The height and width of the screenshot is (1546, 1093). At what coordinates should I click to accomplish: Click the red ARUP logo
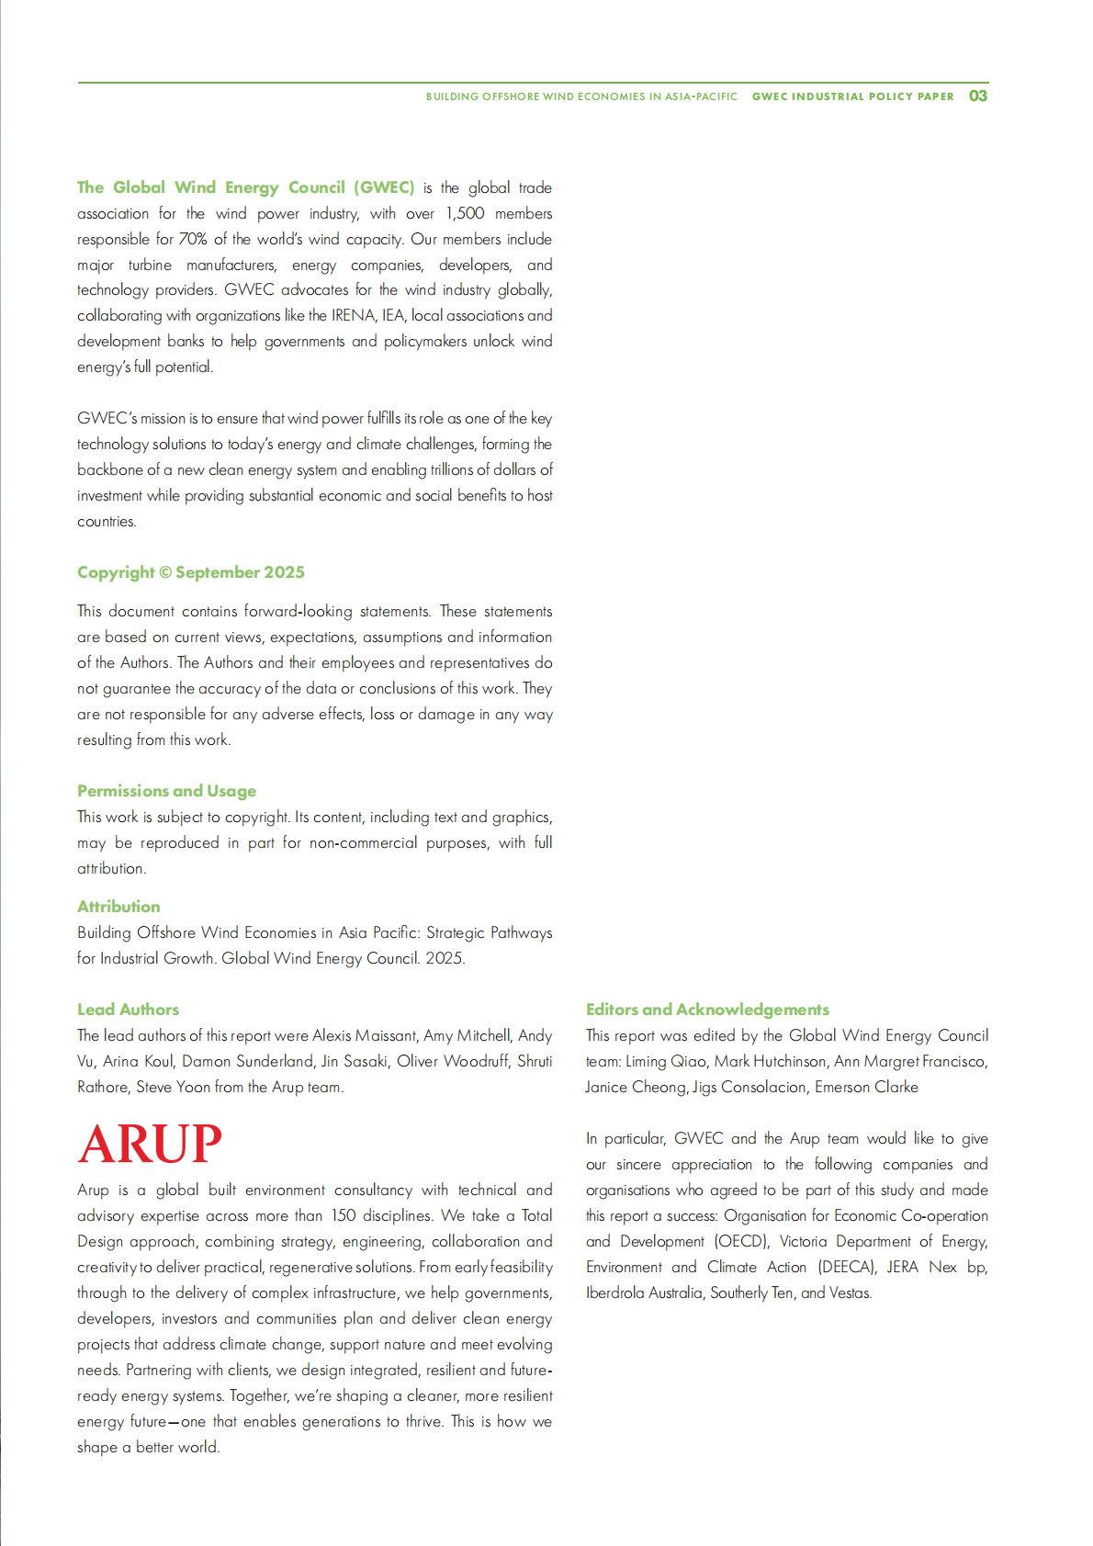[150, 1144]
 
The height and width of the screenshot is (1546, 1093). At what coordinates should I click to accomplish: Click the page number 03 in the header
[978, 96]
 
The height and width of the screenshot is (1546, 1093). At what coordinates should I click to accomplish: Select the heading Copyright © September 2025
[190, 572]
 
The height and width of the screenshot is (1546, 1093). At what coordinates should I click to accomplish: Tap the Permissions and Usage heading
[166, 791]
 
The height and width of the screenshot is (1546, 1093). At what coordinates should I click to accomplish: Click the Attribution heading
[118, 907]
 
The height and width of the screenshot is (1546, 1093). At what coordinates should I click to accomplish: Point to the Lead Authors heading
[128, 1010]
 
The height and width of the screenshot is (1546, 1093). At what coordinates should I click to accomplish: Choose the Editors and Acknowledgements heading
[707, 1010]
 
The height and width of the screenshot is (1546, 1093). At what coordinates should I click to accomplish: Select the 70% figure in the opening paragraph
[193, 239]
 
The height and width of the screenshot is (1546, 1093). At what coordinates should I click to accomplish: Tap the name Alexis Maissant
[365, 1035]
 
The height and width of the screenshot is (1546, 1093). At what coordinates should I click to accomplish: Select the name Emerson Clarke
[866, 1087]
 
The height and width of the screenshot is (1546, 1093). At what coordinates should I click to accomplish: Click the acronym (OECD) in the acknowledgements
[741, 1241]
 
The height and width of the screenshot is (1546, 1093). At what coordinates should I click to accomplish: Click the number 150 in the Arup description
[344, 1215]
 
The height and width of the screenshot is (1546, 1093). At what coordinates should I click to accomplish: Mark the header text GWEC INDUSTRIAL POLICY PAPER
[852, 96]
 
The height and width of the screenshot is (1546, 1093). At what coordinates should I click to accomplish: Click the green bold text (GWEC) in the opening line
[384, 187]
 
